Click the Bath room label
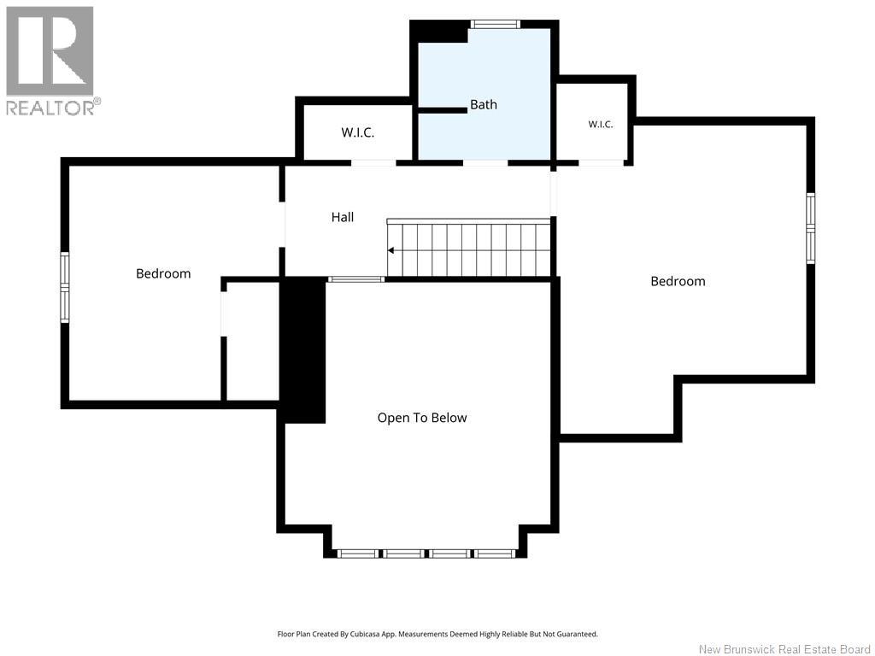[484, 104]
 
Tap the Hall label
[343, 217]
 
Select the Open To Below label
[422, 418]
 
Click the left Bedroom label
[163, 273]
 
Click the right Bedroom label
[678, 281]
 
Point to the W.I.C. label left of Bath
[358, 132]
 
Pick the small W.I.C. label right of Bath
[601, 125]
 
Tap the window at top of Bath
[495, 24]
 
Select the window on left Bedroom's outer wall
[65, 287]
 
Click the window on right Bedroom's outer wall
[811, 228]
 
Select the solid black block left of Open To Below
[302, 349]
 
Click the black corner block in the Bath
[439, 32]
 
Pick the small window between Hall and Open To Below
[356, 279]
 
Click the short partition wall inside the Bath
[443, 110]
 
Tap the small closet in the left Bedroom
[252, 341]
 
